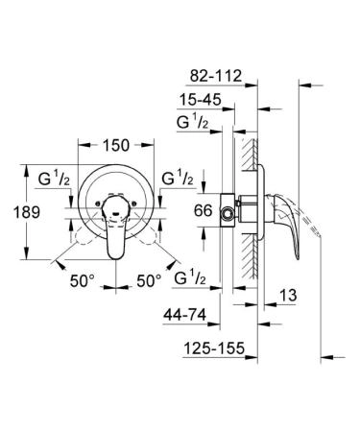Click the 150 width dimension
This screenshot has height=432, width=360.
pos(116,147)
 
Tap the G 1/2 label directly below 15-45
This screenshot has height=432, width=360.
pos(199,123)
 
